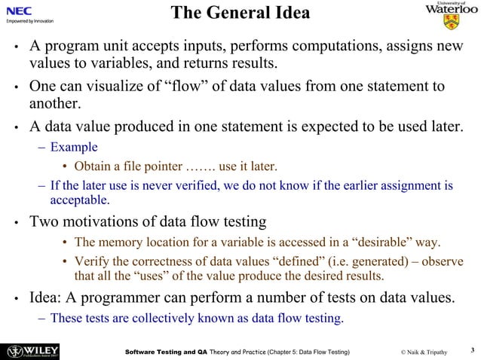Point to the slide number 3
tap(470, 349)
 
